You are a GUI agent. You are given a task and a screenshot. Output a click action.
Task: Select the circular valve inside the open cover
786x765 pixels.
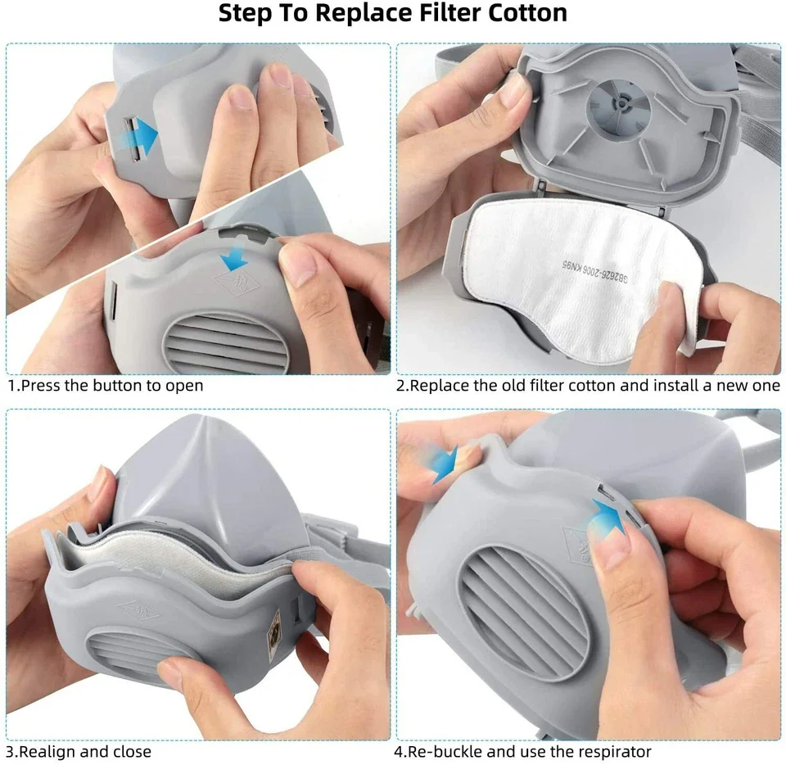619,106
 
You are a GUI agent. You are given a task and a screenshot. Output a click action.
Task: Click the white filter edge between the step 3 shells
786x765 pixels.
170,556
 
